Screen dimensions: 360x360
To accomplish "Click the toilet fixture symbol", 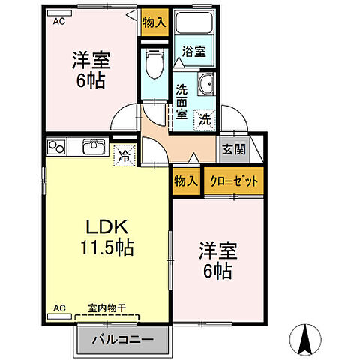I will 154,63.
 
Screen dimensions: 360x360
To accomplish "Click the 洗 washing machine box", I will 204,118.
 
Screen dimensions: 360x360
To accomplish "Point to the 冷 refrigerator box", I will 124,157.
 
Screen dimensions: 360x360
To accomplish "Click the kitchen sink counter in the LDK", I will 78,148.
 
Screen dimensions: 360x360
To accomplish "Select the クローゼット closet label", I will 235,181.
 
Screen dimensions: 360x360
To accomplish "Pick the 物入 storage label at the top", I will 154,23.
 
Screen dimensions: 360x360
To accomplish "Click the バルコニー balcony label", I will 124,340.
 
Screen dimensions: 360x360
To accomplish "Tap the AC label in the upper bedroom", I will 58,22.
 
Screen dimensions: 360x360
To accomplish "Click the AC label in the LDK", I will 58,307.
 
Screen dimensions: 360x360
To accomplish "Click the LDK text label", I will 106,226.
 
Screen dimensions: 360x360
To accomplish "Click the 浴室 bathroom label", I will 193,52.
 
